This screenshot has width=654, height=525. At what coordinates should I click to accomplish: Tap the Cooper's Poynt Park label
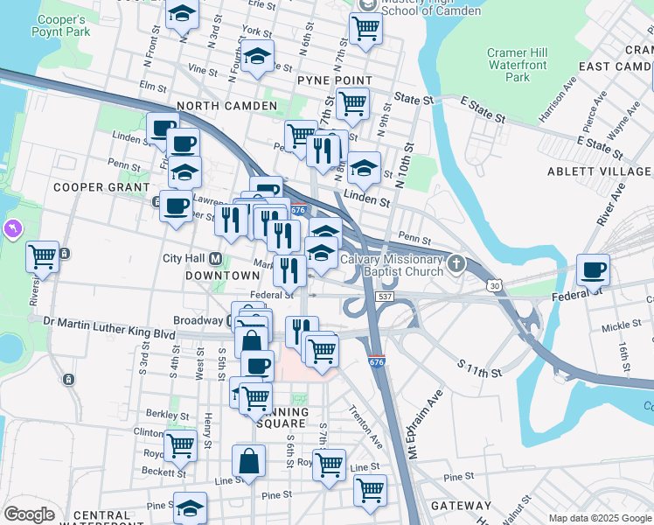[62, 26]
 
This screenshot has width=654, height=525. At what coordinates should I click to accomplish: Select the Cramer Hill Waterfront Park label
[518, 66]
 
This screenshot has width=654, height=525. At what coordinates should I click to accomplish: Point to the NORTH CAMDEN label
[226, 106]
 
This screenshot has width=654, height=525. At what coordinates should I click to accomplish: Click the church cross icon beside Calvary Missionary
[456, 262]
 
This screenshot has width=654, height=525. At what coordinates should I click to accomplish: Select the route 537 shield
[385, 298]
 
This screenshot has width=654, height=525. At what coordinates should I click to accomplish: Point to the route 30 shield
[495, 286]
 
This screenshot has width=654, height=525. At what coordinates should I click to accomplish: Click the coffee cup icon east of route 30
[594, 269]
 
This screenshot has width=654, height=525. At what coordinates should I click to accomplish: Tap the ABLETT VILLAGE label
[600, 171]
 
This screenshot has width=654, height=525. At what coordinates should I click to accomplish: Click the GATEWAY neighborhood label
[466, 506]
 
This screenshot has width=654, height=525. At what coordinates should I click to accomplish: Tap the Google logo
[29, 514]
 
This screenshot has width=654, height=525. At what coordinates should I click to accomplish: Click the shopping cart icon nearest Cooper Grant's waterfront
[42, 257]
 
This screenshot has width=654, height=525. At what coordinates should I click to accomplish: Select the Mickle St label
[622, 325]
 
